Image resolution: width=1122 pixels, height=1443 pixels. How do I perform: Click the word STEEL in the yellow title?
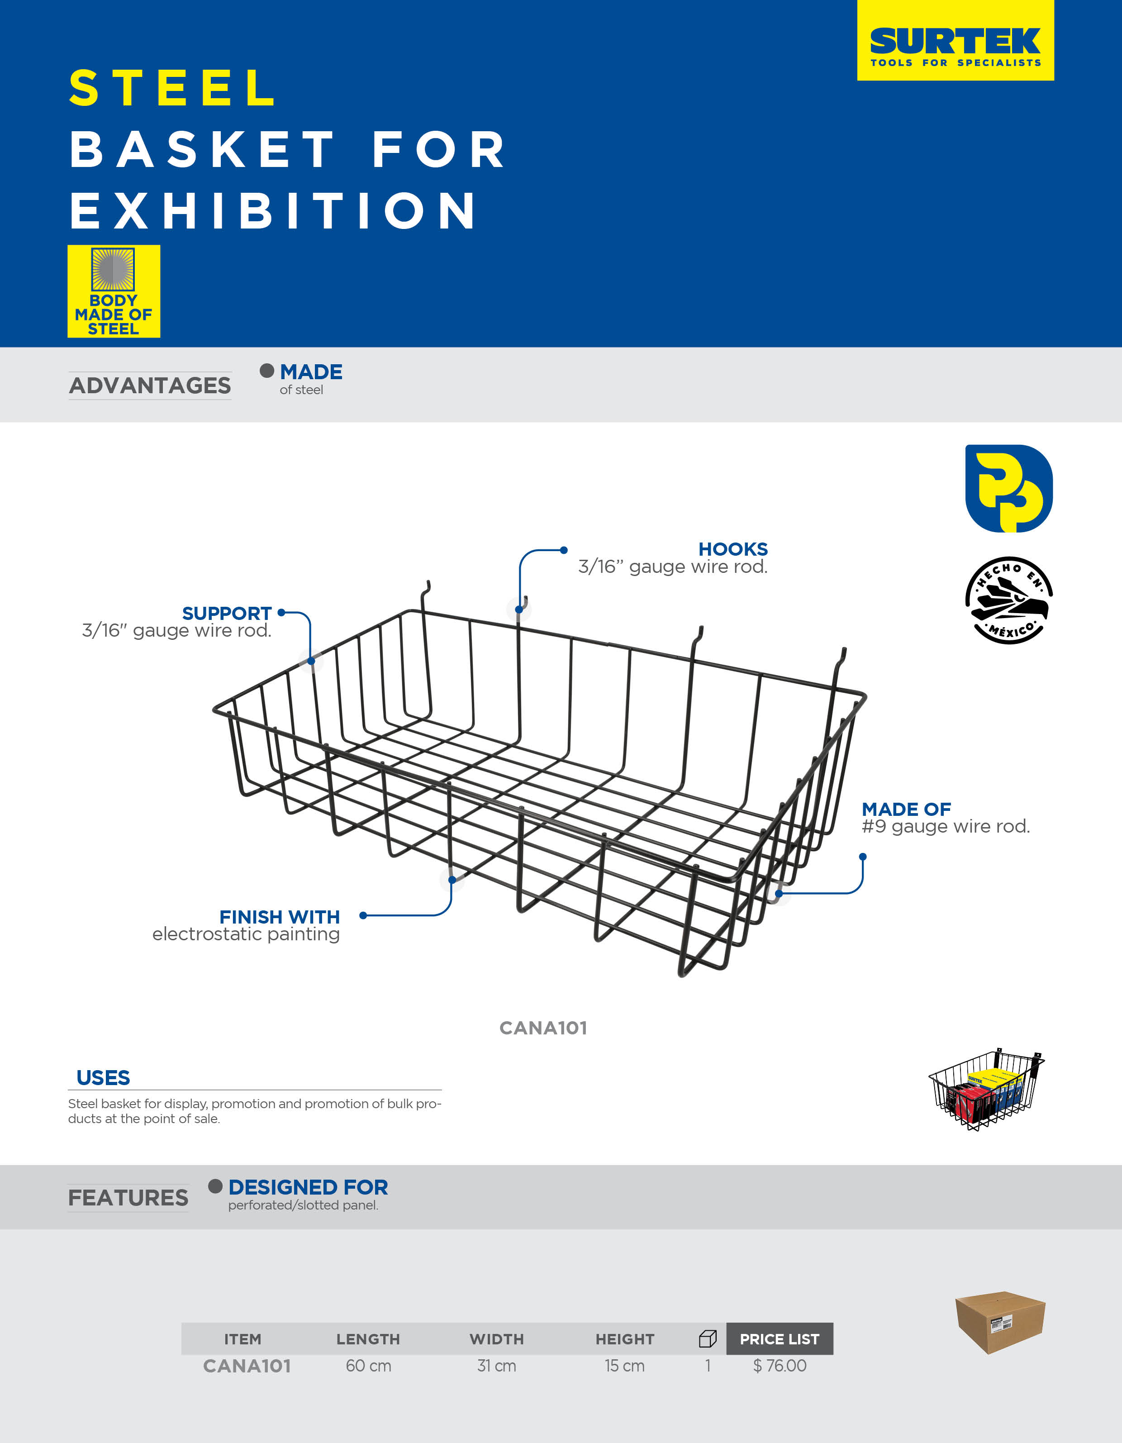[173, 88]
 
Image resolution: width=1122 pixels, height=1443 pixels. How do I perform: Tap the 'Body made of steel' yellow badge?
[114, 291]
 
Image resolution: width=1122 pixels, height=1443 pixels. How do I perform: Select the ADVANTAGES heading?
[150, 385]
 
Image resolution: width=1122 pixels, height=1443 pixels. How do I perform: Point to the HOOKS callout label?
[733, 549]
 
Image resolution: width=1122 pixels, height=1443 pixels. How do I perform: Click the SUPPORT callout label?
[227, 613]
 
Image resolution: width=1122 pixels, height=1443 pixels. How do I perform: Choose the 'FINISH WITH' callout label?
[280, 917]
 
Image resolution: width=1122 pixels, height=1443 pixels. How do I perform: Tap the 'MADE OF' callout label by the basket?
[906, 810]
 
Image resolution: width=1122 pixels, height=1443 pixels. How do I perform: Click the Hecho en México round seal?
[1009, 600]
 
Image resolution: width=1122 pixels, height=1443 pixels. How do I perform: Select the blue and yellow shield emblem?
[1009, 488]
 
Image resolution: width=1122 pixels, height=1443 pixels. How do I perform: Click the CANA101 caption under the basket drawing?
[543, 1028]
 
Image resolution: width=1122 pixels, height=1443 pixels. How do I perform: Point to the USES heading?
[103, 1078]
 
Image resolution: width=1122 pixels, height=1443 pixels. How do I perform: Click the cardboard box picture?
[1000, 1321]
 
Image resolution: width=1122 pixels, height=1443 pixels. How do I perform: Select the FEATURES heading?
[128, 1198]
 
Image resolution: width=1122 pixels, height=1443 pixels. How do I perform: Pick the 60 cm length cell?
[369, 1366]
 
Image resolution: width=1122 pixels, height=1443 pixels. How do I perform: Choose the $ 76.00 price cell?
[780, 1366]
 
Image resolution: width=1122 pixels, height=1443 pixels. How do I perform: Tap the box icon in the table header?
[708, 1338]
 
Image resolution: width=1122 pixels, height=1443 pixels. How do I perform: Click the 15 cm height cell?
[624, 1366]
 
